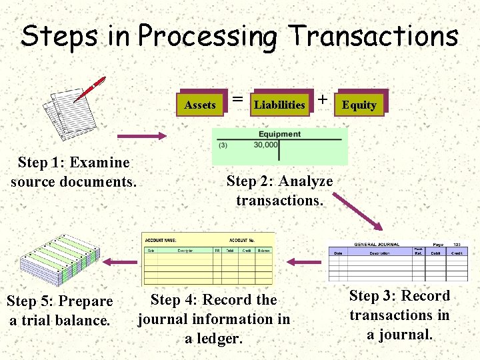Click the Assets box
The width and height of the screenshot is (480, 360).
pos(200,105)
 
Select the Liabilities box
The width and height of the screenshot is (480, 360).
pos(280,105)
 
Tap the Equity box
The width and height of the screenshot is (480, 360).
pos(359,105)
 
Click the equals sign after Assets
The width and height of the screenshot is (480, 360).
pos(237,99)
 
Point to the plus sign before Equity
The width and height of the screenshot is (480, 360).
pos(323,99)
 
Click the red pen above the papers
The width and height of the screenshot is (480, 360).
pos(90,89)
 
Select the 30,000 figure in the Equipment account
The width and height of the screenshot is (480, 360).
pos(265,145)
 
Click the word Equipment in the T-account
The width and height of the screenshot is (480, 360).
pos(279,134)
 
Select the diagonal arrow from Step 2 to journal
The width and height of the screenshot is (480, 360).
pos(356,213)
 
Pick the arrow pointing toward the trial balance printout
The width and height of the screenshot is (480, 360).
pos(123,260)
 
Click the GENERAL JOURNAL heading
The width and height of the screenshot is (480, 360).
pos(377,245)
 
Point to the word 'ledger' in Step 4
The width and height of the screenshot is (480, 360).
pos(213,338)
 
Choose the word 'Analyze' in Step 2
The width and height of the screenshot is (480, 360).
pos(306,181)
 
